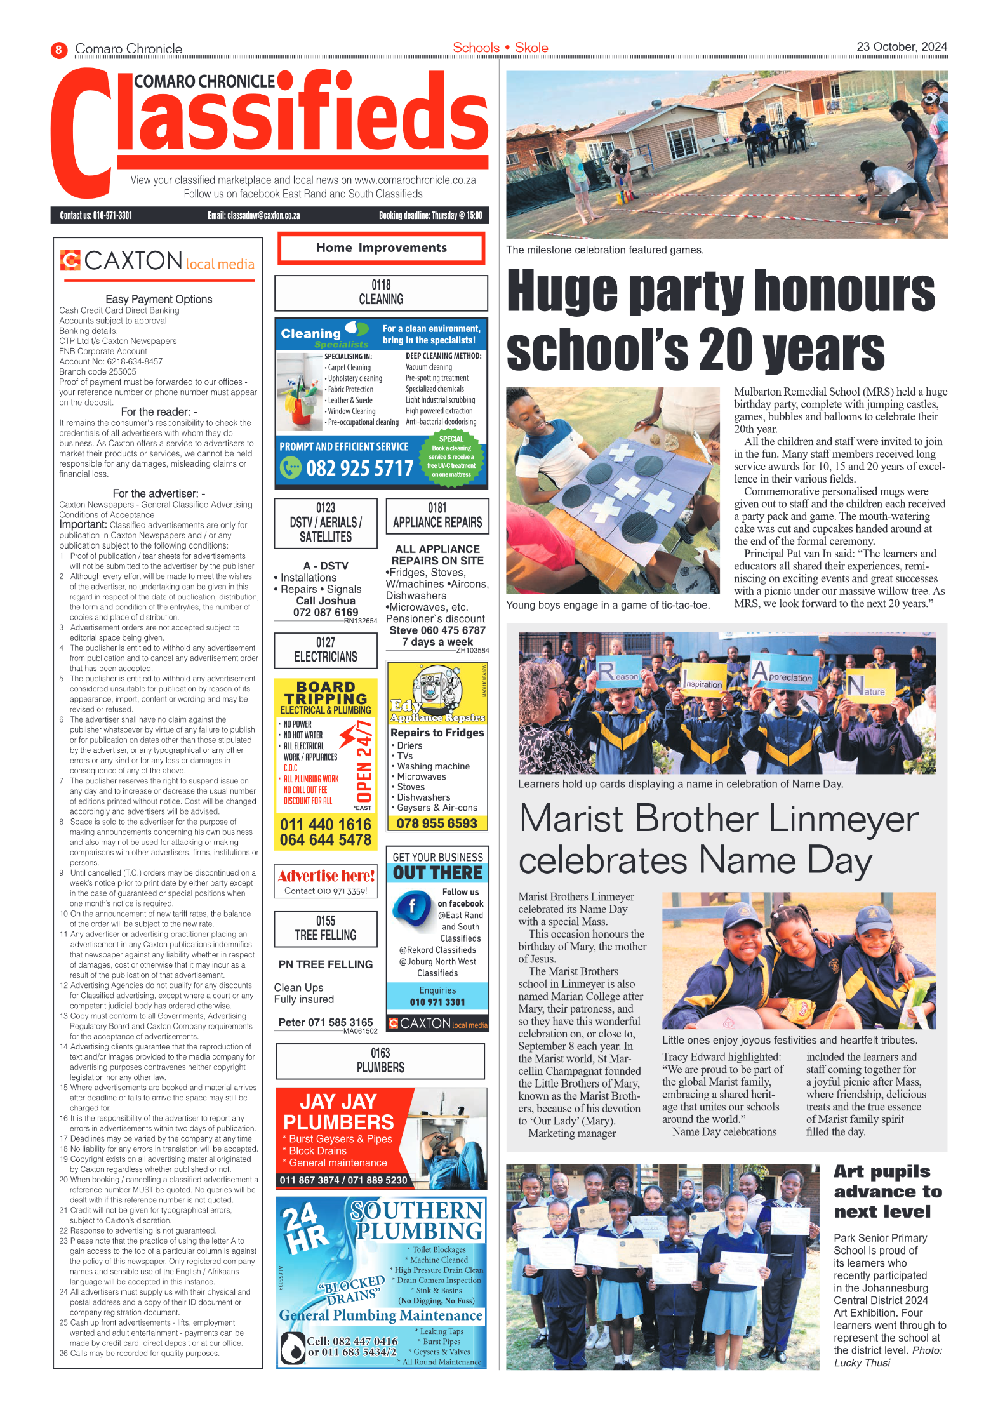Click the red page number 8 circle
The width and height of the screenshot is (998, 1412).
tap(58, 50)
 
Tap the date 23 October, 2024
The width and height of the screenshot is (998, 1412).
tap(901, 46)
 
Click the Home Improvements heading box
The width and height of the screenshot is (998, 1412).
tap(381, 248)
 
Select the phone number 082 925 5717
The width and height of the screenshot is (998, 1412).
tap(359, 469)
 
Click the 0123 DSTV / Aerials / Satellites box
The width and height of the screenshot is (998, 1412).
tap(326, 523)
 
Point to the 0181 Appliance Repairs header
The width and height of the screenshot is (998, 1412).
tap(437, 516)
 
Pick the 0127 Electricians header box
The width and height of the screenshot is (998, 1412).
tap(326, 650)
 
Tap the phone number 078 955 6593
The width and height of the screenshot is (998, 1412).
tap(437, 823)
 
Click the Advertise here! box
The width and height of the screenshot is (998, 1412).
tap(326, 881)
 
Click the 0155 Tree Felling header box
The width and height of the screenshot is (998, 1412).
tap(326, 928)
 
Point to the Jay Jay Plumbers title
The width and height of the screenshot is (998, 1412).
tap(338, 1112)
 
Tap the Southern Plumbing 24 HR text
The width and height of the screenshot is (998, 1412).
tap(305, 1227)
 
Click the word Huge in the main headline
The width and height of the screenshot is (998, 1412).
tap(562, 291)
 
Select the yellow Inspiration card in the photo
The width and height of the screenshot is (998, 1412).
tap(703, 681)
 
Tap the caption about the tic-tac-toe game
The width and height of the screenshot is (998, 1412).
tap(608, 605)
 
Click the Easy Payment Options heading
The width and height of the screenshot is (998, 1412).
tap(159, 299)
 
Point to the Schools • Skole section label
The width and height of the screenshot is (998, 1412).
tap(500, 48)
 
